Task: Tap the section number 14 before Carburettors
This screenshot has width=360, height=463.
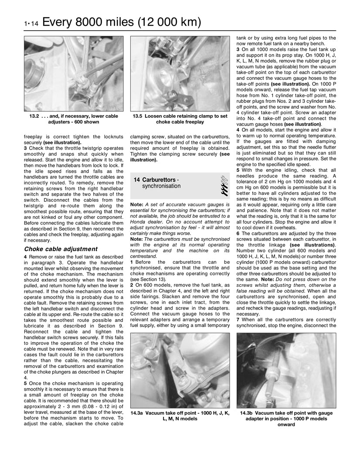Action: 137,180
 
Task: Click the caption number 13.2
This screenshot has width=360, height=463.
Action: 33,117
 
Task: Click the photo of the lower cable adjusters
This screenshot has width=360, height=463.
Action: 73,74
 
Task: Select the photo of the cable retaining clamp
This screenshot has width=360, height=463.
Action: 180,74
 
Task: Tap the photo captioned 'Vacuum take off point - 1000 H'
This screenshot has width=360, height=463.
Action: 180,370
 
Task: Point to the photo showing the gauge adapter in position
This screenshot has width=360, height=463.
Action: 286,370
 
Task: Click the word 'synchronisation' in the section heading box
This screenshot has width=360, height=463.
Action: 161,186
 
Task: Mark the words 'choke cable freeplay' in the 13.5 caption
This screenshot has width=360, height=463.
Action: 180,123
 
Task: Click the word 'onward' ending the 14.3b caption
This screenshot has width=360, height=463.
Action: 286,425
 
